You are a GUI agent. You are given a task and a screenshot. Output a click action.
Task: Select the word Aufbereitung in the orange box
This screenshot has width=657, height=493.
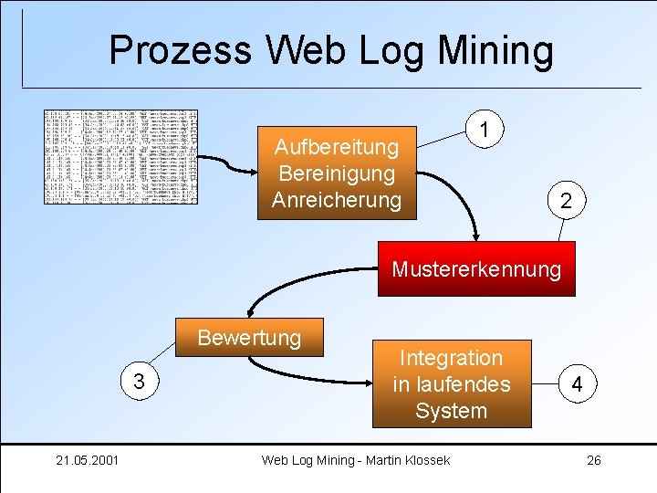tap(337, 146)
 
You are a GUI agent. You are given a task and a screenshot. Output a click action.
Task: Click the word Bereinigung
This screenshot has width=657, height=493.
tap(337, 173)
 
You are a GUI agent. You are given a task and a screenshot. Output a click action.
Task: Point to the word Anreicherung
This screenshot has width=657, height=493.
tap(337, 199)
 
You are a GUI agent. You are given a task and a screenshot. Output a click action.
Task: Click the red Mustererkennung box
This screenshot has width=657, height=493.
tap(476, 269)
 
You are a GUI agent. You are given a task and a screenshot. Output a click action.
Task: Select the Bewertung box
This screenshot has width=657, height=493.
tap(249, 337)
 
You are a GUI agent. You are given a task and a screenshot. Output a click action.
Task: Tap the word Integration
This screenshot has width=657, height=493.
tap(451, 357)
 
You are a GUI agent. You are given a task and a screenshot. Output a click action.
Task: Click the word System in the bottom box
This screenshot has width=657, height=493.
tap(451, 411)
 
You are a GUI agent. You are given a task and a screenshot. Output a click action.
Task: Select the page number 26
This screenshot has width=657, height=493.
tap(593, 459)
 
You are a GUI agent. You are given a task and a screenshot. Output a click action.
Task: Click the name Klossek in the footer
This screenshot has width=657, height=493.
tap(423, 459)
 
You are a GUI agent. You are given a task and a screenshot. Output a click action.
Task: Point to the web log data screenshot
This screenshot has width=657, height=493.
tap(121, 156)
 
